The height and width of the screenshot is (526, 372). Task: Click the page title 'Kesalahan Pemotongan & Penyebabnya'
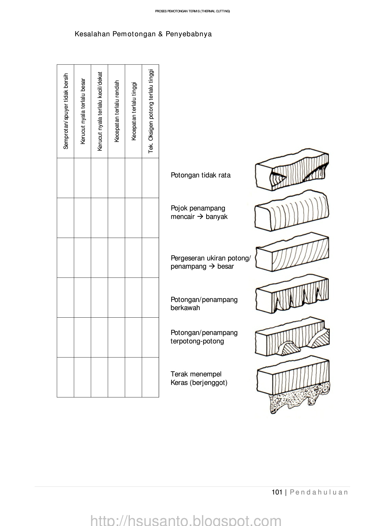pyautogui.click(x=143, y=34)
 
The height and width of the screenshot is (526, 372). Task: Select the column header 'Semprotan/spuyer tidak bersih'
pyautogui.click(x=66, y=111)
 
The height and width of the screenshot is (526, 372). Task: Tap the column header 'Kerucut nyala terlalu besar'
pyautogui.click(x=83, y=111)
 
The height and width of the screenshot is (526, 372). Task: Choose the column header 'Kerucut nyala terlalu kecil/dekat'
pyautogui.click(x=100, y=111)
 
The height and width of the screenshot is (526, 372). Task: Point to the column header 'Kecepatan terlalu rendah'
pyautogui.click(x=117, y=111)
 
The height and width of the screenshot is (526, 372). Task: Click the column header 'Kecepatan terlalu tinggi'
pyautogui.click(x=134, y=111)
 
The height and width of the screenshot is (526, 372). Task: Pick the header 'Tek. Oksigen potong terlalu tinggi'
pyautogui.click(x=151, y=111)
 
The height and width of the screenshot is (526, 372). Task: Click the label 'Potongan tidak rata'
pyautogui.click(x=201, y=175)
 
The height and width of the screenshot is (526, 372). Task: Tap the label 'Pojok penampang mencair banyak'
pyautogui.click(x=199, y=212)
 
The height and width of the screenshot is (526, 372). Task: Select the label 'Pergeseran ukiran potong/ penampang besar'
pyautogui.click(x=211, y=262)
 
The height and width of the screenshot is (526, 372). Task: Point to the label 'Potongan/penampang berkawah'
pyautogui.click(x=204, y=304)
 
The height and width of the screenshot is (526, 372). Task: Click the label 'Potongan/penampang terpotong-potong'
pyautogui.click(x=204, y=337)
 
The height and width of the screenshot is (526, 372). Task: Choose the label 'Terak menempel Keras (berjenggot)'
pyautogui.click(x=199, y=378)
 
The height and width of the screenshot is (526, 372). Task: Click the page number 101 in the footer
pyautogui.click(x=277, y=492)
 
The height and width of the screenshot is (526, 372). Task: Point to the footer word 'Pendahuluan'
pyautogui.click(x=319, y=492)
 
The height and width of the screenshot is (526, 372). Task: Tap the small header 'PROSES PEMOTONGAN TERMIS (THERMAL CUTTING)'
pyautogui.click(x=192, y=11)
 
